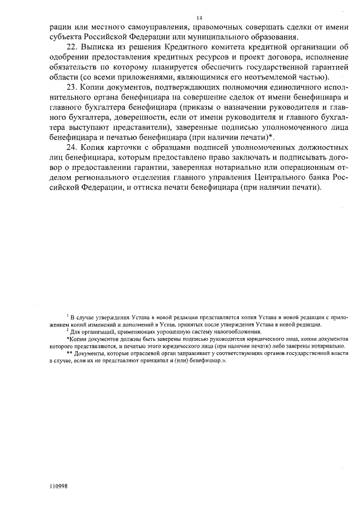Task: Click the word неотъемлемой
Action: (256, 77)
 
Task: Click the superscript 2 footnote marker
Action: (67, 329)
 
